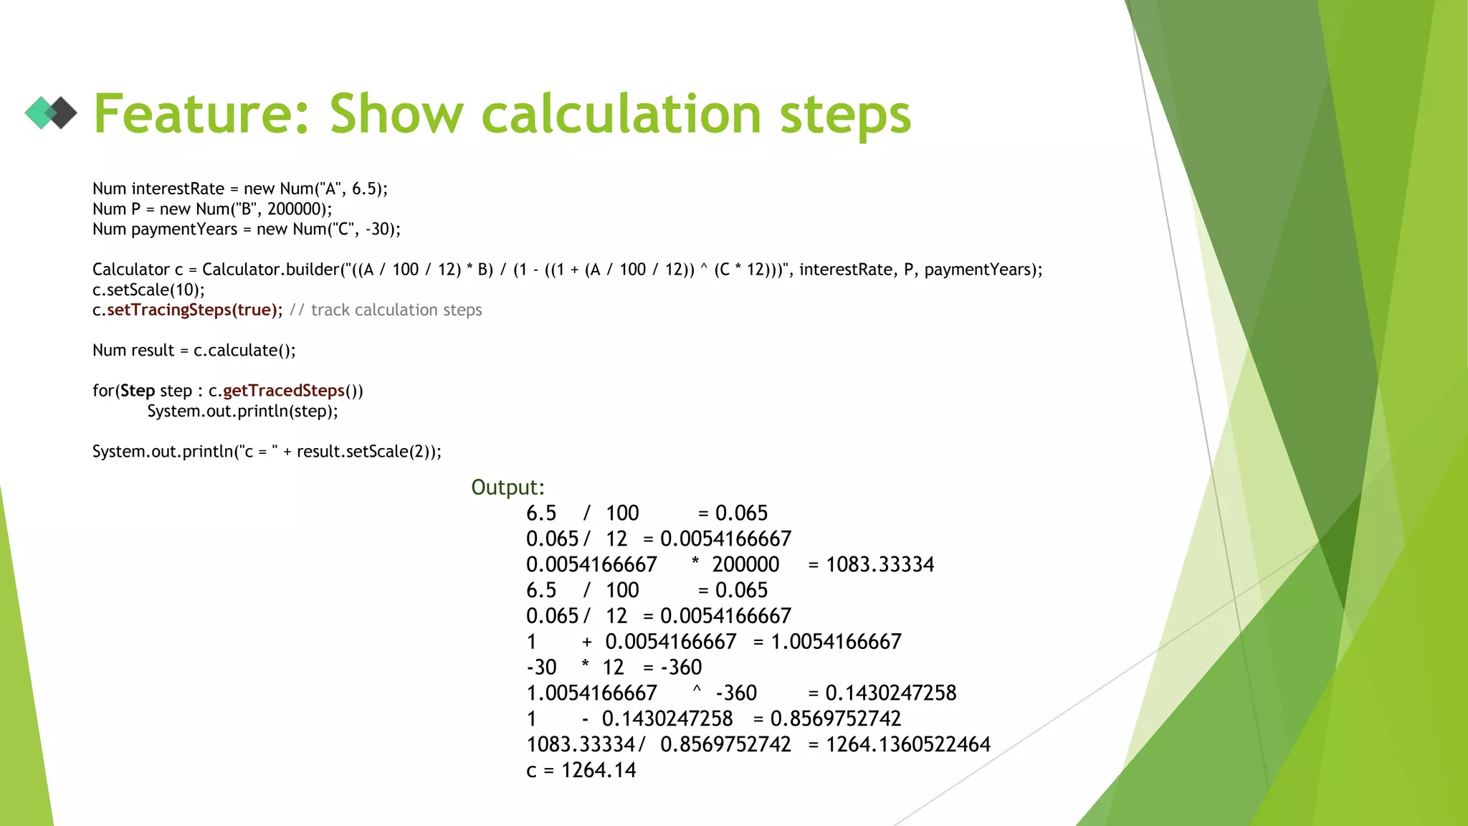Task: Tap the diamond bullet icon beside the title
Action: (51, 113)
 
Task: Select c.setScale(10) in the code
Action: (148, 290)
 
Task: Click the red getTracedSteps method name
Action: (284, 391)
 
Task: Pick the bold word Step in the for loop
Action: (138, 391)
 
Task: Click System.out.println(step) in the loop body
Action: (242, 411)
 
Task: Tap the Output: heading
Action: (507, 488)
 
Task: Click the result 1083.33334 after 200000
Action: (880, 565)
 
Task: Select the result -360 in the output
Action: (682, 668)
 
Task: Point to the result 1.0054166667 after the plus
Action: (836, 642)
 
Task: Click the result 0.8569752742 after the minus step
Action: (836, 718)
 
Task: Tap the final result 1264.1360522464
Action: (907, 744)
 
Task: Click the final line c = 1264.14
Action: (581, 770)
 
